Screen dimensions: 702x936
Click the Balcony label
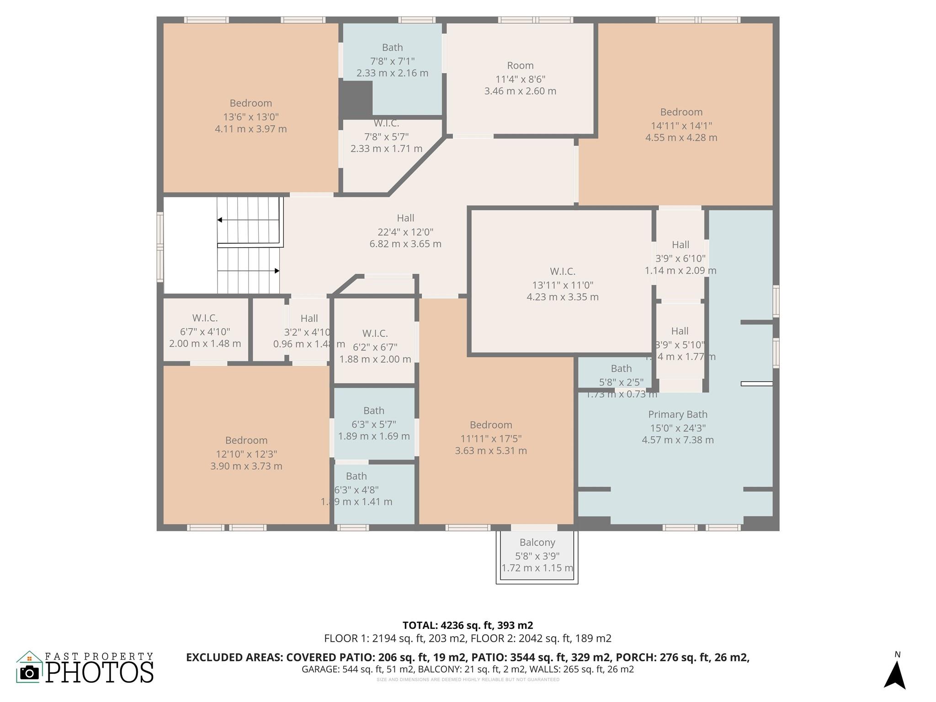point(537,542)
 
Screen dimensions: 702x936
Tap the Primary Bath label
point(677,415)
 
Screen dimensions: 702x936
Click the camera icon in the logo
point(30,672)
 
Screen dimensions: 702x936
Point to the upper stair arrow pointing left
point(220,220)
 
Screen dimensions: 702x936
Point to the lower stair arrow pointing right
point(277,271)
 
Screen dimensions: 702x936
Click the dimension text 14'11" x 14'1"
point(681,125)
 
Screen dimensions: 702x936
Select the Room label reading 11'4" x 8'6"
point(520,66)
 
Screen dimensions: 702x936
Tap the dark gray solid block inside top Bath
point(356,99)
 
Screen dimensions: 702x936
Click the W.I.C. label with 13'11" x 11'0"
point(562,271)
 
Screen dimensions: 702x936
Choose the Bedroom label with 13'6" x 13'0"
point(250,103)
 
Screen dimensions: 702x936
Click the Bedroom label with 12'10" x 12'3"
point(246,441)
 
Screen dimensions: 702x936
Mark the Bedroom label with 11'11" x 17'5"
point(490,425)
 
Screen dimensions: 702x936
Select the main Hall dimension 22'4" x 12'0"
point(405,232)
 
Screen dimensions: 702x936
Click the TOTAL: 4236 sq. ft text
point(468,625)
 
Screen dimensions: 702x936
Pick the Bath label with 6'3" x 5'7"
point(373,411)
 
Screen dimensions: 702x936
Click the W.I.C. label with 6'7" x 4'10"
point(205,318)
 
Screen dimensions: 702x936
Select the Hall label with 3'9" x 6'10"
point(680,245)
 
